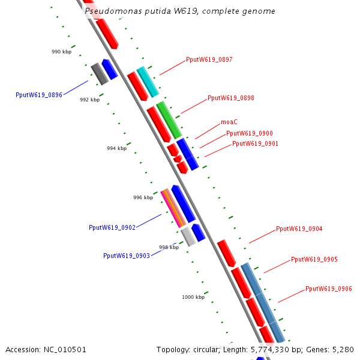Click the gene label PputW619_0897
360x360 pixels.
coord(209,59)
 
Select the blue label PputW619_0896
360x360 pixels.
coord(39,95)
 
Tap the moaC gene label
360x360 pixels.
coord(229,122)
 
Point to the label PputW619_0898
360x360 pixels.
coord(231,98)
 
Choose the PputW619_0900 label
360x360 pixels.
coord(250,133)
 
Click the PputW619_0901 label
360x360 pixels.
coord(255,144)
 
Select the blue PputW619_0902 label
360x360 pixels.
coord(112,227)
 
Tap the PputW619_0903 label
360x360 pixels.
coord(127,256)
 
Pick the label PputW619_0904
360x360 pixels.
coord(299,229)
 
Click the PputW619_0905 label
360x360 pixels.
coord(314,259)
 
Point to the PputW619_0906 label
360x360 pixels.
coord(329,289)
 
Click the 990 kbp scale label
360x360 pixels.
coord(62,52)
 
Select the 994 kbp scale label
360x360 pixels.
coord(116,148)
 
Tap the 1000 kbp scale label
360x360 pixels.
coord(193,297)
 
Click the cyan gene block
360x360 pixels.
coord(148,82)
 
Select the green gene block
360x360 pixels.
coord(169,120)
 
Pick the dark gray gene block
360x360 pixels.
coord(100,74)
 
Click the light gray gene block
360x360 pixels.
coord(188,237)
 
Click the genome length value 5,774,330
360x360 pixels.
coord(270,350)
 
